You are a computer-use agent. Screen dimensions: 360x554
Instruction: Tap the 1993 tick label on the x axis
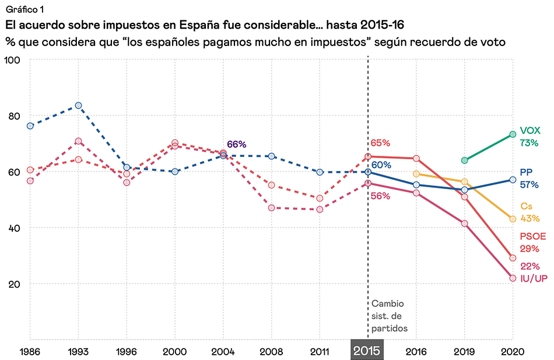78,352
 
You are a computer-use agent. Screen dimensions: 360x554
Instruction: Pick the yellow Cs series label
526,206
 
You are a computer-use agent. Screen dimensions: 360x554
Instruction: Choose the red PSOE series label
534,236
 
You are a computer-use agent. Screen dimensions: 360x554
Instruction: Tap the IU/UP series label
533,278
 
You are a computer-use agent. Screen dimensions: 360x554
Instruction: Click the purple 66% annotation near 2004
236,145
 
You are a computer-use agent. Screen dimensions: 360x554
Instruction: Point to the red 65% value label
380,143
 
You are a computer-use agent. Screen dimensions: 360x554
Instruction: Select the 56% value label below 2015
380,195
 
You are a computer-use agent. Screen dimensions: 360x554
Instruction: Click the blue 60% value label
381,165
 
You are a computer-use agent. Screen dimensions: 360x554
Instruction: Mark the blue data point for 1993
78,106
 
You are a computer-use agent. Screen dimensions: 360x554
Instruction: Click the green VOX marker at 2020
513,134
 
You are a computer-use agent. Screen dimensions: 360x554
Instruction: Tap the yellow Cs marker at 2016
416,174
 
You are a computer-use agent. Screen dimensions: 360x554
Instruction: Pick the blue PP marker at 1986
30,125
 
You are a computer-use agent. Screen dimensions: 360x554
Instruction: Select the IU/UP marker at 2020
513,278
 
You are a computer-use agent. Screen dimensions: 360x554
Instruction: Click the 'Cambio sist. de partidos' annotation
387,316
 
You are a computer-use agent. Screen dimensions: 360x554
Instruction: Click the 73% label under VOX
529,143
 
